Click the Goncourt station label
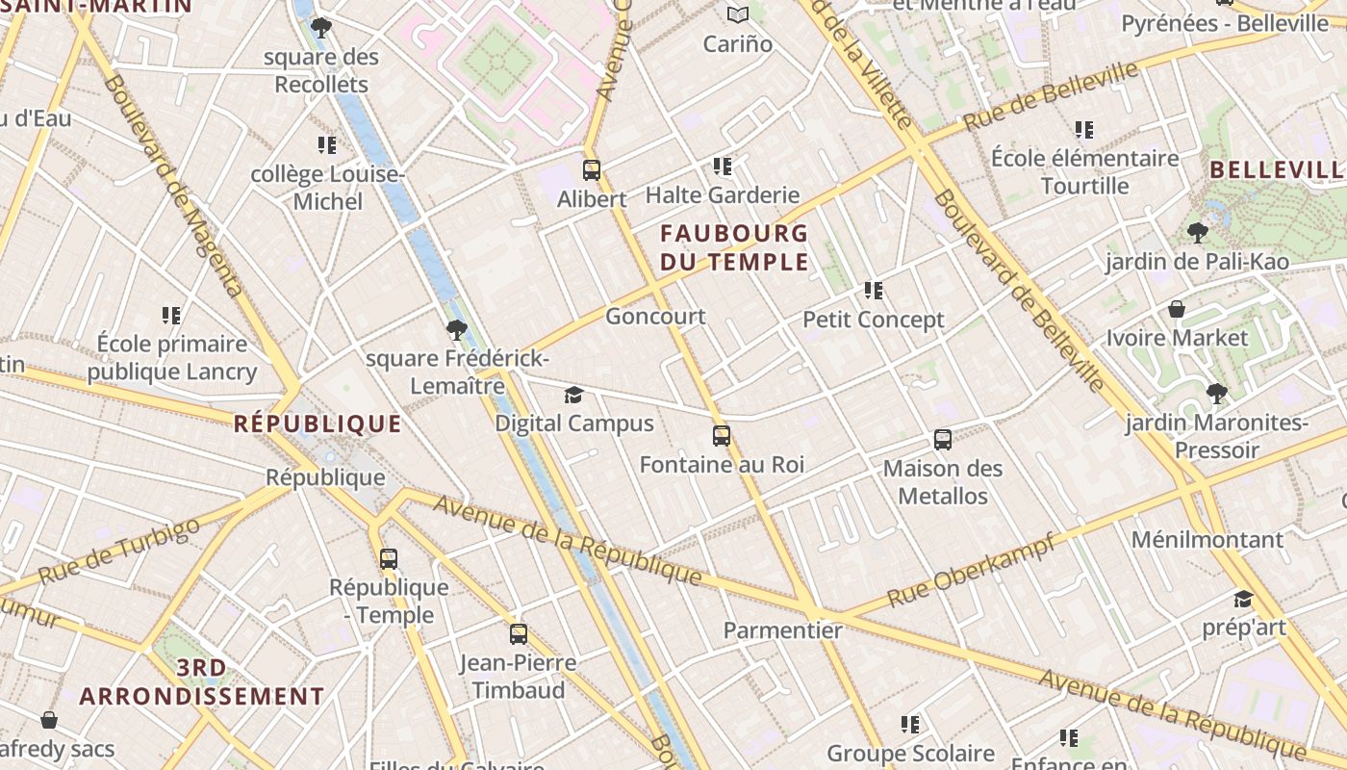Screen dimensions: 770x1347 click(655, 316)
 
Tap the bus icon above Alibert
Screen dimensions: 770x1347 click(592, 170)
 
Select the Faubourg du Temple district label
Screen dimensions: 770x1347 click(734, 247)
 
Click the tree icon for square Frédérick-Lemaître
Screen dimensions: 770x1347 click(457, 330)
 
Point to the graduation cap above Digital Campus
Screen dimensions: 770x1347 click(573, 395)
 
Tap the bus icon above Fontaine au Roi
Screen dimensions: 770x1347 click(722, 436)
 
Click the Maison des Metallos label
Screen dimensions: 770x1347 click(943, 482)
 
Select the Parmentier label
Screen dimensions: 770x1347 click(782, 630)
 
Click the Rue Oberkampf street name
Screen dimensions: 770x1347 click(972, 570)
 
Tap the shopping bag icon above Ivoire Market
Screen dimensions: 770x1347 click(1176, 309)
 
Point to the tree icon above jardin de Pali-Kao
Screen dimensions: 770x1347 click(1198, 232)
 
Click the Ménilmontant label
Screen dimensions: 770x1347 click(1207, 539)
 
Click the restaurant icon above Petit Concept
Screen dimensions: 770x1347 click(874, 290)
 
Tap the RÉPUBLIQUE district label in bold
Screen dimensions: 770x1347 click(318, 423)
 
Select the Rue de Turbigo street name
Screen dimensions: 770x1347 click(119, 551)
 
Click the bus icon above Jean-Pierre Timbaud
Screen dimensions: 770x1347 click(519, 633)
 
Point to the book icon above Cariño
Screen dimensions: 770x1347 click(738, 14)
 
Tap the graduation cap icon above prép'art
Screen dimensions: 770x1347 click(1243, 599)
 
